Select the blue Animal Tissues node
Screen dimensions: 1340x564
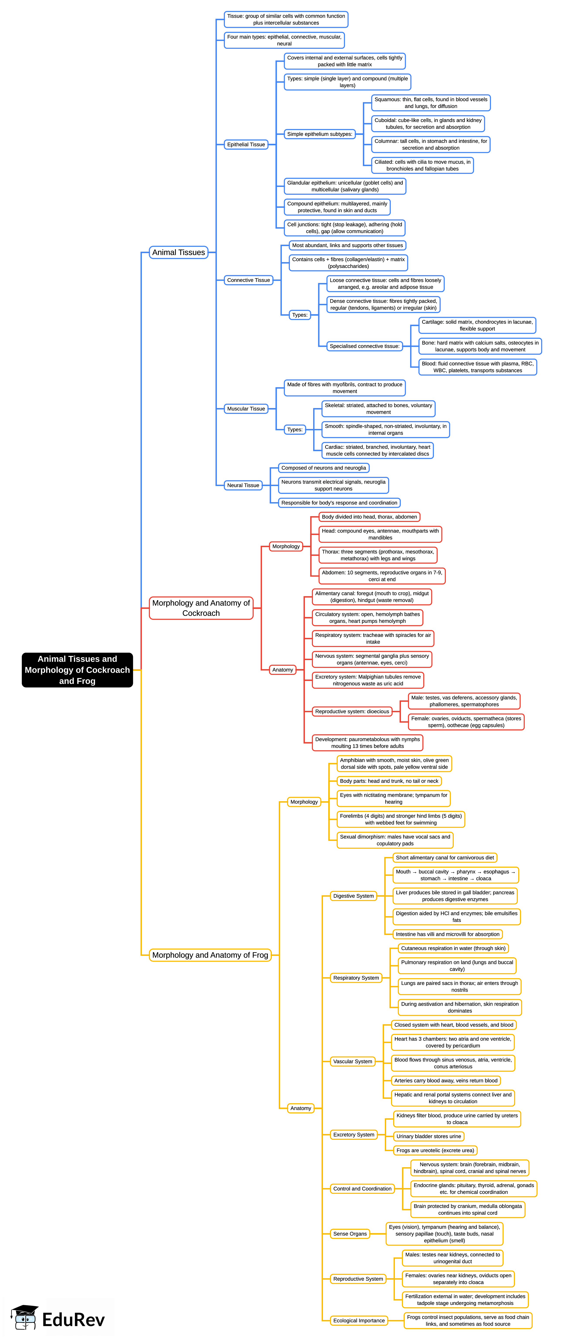pos(178,252)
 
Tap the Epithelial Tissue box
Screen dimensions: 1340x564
pos(246,145)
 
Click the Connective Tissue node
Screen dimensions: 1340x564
pos(248,280)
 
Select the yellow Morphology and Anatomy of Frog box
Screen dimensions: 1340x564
pos(210,955)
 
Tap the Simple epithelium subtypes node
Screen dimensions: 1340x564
pos(319,134)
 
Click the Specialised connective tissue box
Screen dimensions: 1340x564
pos(364,346)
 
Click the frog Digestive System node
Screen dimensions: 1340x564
pos(353,896)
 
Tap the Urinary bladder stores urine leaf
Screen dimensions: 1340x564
pos(428,1136)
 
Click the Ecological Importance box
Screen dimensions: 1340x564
pos(359,1320)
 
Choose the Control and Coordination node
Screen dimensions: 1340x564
pos(362,1189)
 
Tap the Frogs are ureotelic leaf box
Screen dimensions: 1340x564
pos(435,1150)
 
